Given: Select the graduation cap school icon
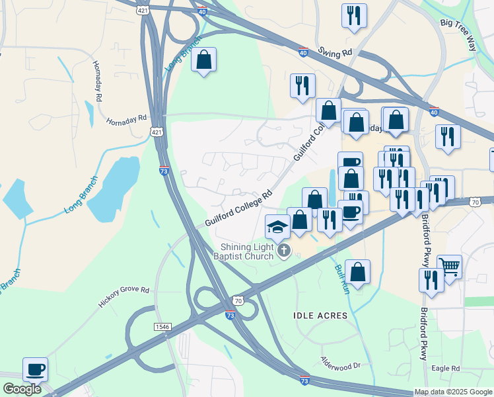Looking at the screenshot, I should tap(277, 227).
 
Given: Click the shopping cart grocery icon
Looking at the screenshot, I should tap(449, 267).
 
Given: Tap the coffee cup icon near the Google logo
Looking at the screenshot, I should tap(35, 369).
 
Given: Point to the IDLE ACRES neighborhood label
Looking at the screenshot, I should tap(320, 316).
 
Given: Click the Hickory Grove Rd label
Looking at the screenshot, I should tap(124, 295).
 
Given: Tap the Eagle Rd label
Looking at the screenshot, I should tap(446, 369).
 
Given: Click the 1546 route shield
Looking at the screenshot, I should tap(163, 327).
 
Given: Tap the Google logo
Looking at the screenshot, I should tap(22, 389).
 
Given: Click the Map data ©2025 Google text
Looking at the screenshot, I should tap(452, 392).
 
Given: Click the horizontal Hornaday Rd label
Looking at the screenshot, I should tap(126, 120).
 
